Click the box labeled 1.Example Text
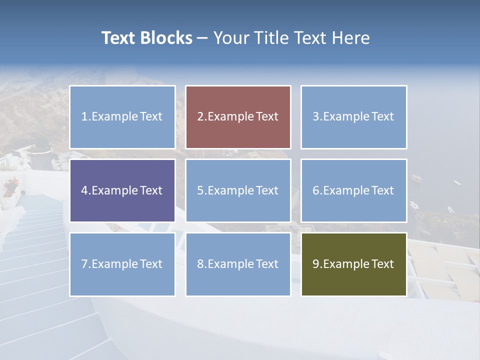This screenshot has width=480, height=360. click(x=122, y=117)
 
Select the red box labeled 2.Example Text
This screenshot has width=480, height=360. click(x=238, y=117)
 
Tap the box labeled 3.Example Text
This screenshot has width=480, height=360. click(x=353, y=117)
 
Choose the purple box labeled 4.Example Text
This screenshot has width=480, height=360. click(x=122, y=190)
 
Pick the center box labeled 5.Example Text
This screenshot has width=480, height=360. click(x=238, y=190)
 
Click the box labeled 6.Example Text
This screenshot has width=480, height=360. click(x=353, y=190)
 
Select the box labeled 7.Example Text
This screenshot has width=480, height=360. click(x=122, y=264)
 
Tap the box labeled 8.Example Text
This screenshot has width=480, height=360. click(x=238, y=264)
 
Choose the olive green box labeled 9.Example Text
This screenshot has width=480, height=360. click(x=353, y=264)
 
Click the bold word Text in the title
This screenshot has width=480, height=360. click(x=119, y=38)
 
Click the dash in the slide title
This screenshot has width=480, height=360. click(x=202, y=38)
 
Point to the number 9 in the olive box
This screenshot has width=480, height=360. click(x=316, y=264)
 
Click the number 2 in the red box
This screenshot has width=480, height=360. click(x=200, y=117)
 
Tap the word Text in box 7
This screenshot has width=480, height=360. click(x=151, y=264)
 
